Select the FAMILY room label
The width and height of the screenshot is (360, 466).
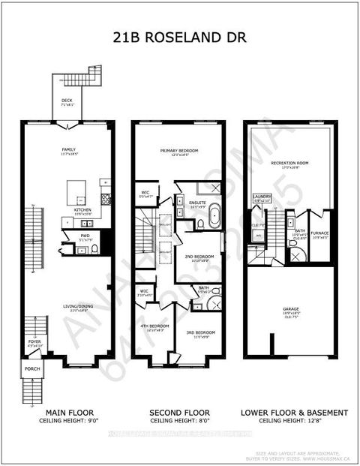tap(69, 150)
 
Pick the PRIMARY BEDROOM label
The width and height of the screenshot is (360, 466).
tap(178, 151)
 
